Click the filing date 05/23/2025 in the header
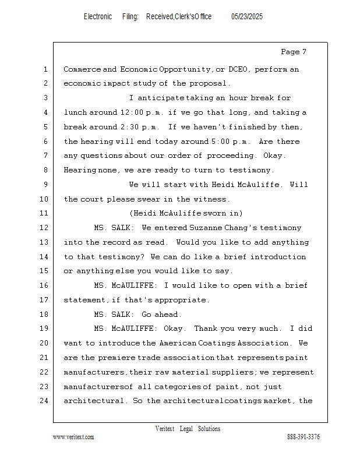pyautogui.click(x=246, y=17)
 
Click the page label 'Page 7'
pyautogui.click(x=294, y=52)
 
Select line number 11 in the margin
pyautogui.click(x=45, y=213)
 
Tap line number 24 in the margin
pyautogui.click(x=45, y=401)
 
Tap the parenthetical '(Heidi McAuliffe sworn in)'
pyautogui.click(x=185, y=213)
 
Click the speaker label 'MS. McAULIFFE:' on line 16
pyautogui.click(x=125, y=285)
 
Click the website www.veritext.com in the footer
pyautogui.click(x=73, y=437)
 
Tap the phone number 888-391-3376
pyautogui.click(x=303, y=437)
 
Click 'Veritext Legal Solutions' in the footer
pyautogui.click(x=188, y=429)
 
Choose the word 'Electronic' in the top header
pyautogui.click(x=98, y=17)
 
